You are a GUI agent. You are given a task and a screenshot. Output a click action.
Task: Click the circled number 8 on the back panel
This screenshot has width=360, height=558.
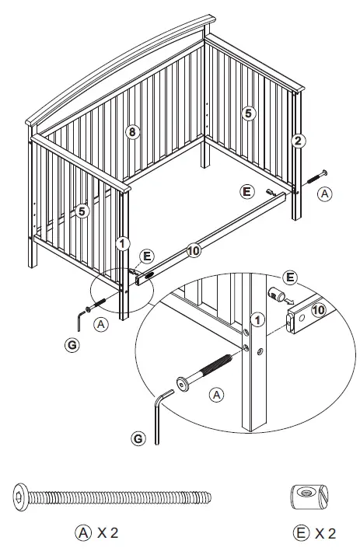(x=132, y=131)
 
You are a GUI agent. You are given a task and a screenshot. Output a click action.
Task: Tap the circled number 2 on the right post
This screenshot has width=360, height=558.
(x=297, y=141)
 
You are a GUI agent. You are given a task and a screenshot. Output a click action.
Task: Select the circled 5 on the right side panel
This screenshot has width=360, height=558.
(x=247, y=113)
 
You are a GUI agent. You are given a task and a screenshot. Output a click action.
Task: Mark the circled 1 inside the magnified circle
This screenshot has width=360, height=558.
(x=258, y=318)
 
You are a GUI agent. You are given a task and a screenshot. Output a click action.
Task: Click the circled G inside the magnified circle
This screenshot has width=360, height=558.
(x=138, y=439)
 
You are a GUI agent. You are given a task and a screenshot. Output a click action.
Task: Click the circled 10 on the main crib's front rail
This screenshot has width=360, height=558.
(x=194, y=250)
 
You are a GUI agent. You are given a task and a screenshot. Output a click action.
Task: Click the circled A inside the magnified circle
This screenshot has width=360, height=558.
(x=217, y=396)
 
